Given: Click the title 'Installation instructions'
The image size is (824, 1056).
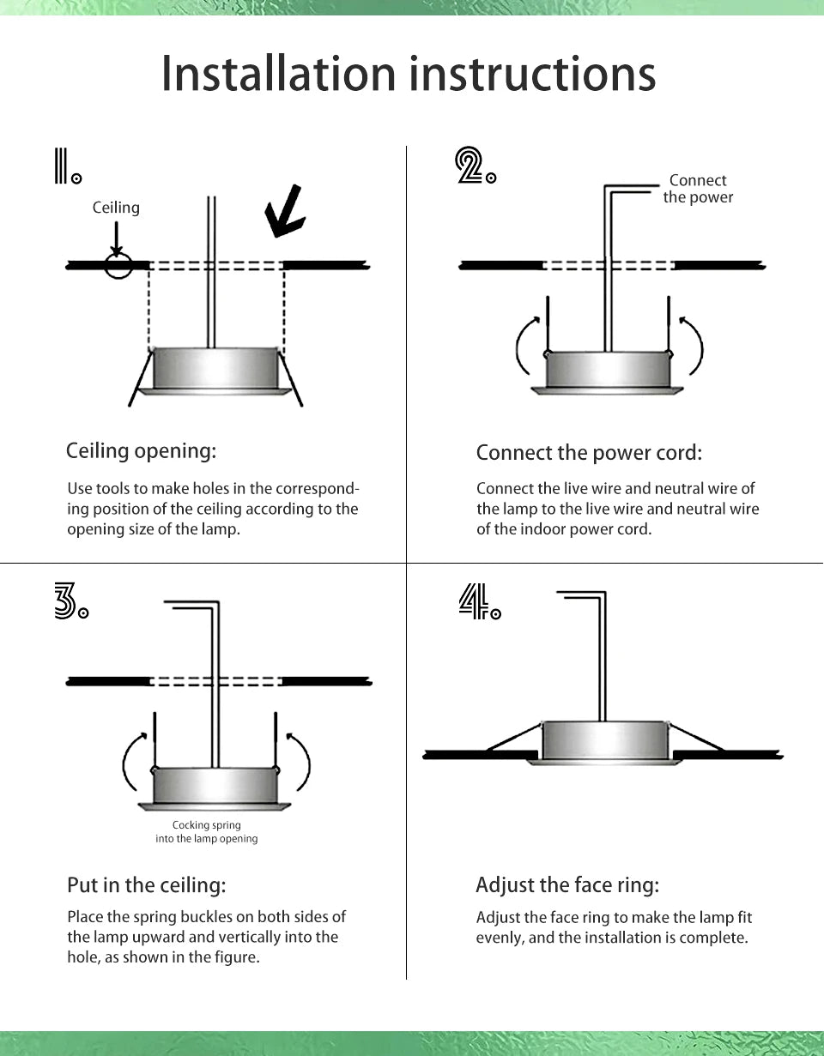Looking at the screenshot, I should (x=409, y=74).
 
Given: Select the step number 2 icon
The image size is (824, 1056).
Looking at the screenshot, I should (x=474, y=166).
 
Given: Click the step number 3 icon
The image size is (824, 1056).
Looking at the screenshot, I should (x=70, y=600).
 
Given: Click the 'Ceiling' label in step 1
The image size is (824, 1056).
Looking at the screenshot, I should (x=116, y=208).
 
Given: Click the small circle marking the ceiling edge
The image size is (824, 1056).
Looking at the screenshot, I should (x=118, y=265).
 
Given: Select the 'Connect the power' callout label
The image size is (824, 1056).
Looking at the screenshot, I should (x=698, y=189).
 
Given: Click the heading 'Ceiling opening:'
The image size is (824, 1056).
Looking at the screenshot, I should (x=142, y=450).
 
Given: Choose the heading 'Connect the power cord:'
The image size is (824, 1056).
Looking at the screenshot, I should (x=589, y=452).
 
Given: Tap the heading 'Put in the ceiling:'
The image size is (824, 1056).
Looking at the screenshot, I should (x=146, y=884).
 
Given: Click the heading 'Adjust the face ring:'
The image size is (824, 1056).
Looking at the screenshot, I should (x=567, y=884).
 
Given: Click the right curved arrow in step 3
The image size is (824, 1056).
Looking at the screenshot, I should (x=301, y=759).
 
